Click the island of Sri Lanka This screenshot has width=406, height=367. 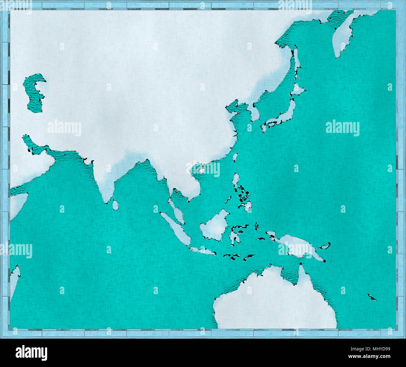115,205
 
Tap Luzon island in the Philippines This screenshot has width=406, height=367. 236,181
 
